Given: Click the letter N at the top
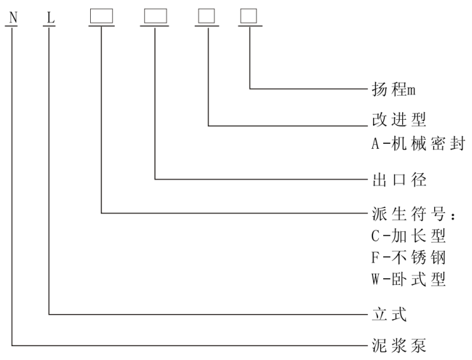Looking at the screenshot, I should tap(13, 17).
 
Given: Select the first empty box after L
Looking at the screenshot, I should tap(101, 16).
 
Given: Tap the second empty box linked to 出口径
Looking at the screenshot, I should tap(155, 16).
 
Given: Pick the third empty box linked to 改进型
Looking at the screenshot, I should tap(207, 16).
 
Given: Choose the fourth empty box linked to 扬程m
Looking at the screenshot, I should tap(250, 16).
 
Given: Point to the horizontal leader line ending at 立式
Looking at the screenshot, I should tap(208, 313).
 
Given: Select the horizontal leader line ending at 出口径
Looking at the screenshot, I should tap(258, 180).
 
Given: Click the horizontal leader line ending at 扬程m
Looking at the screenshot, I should tap(309, 89).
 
